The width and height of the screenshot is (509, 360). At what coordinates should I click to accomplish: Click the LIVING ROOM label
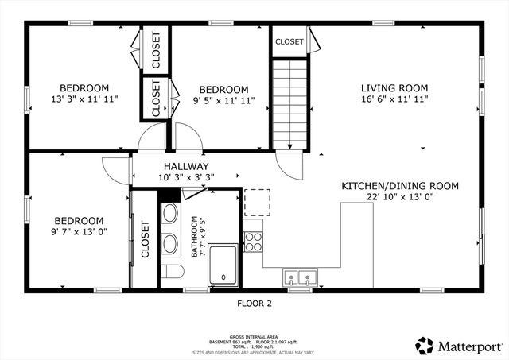(394, 88)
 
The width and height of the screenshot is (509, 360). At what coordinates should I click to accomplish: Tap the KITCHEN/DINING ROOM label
(400, 186)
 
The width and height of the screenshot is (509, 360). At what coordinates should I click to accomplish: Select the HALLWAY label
(186, 165)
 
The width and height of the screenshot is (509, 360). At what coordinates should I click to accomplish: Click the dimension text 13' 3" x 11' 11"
(84, 100)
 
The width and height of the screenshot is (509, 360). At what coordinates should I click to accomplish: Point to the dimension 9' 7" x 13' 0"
(79, 232)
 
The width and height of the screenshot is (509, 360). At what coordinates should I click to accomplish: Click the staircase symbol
(289, 103)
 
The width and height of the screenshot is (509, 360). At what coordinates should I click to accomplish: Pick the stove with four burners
(253, 242)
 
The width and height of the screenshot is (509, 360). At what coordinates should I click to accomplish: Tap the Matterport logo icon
(424, 346)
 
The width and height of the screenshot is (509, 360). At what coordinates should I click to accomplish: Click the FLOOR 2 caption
(254, 303)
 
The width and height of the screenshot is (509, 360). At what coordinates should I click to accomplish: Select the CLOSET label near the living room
(289, 42)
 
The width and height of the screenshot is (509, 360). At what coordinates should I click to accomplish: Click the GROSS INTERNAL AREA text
(254, 336)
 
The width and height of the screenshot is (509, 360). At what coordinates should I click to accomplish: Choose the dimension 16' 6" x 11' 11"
(394, 100)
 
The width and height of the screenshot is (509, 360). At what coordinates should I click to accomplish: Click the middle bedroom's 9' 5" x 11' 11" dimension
(223, 101)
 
